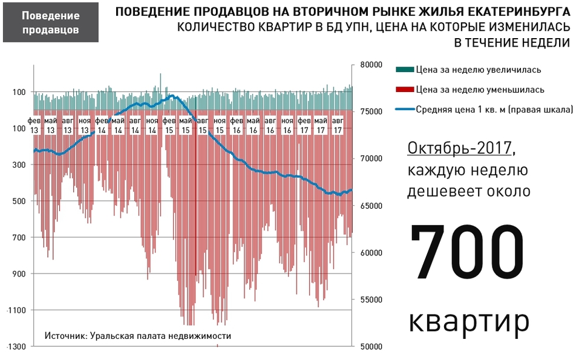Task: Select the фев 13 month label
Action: (x=34, y=126)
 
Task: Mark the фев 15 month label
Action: (x=169, y=126)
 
